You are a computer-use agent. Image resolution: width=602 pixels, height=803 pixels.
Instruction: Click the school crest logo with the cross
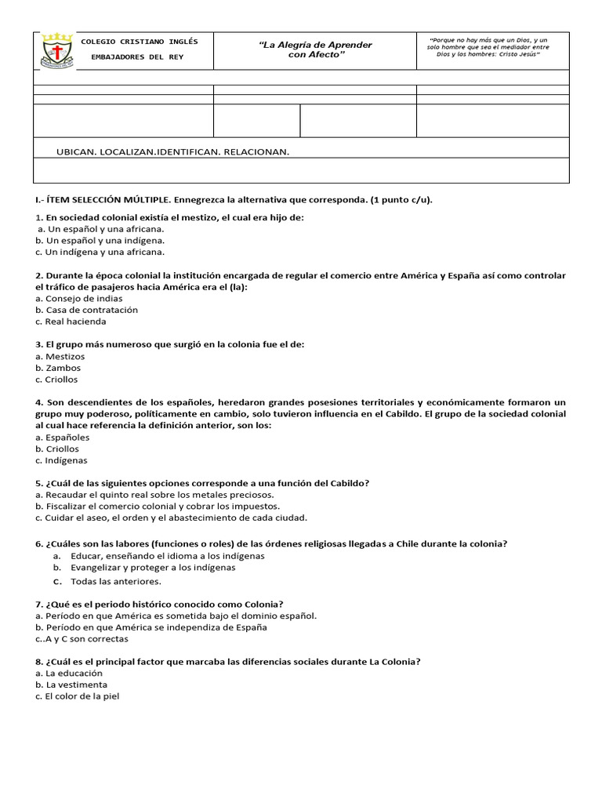click(x=56, y=52)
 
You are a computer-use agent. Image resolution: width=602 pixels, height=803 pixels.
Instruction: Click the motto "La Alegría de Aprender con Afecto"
click(x=315, y=50)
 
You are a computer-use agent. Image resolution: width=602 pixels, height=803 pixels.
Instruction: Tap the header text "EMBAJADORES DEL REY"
click(x=140, y=57)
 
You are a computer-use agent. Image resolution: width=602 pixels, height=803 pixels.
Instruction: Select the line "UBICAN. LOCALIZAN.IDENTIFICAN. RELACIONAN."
click(x=173, y=151)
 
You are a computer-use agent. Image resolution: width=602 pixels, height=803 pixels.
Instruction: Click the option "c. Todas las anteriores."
click(x=107, y=582)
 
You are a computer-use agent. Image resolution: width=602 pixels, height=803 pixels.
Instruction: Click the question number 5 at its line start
click(x=38, y=483)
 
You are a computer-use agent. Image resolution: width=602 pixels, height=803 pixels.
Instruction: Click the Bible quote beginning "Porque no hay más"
click(x=489, y=46)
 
